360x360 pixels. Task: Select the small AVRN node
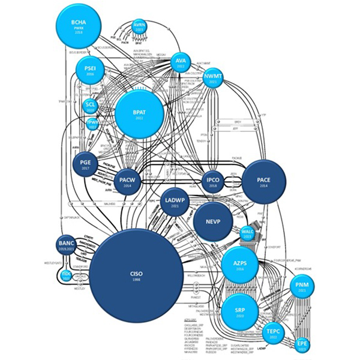[139, 26]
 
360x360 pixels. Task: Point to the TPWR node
[92, 124]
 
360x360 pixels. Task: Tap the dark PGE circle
[85, 166]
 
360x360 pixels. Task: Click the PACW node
[127, 182]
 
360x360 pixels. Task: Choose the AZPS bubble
[239, 265]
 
